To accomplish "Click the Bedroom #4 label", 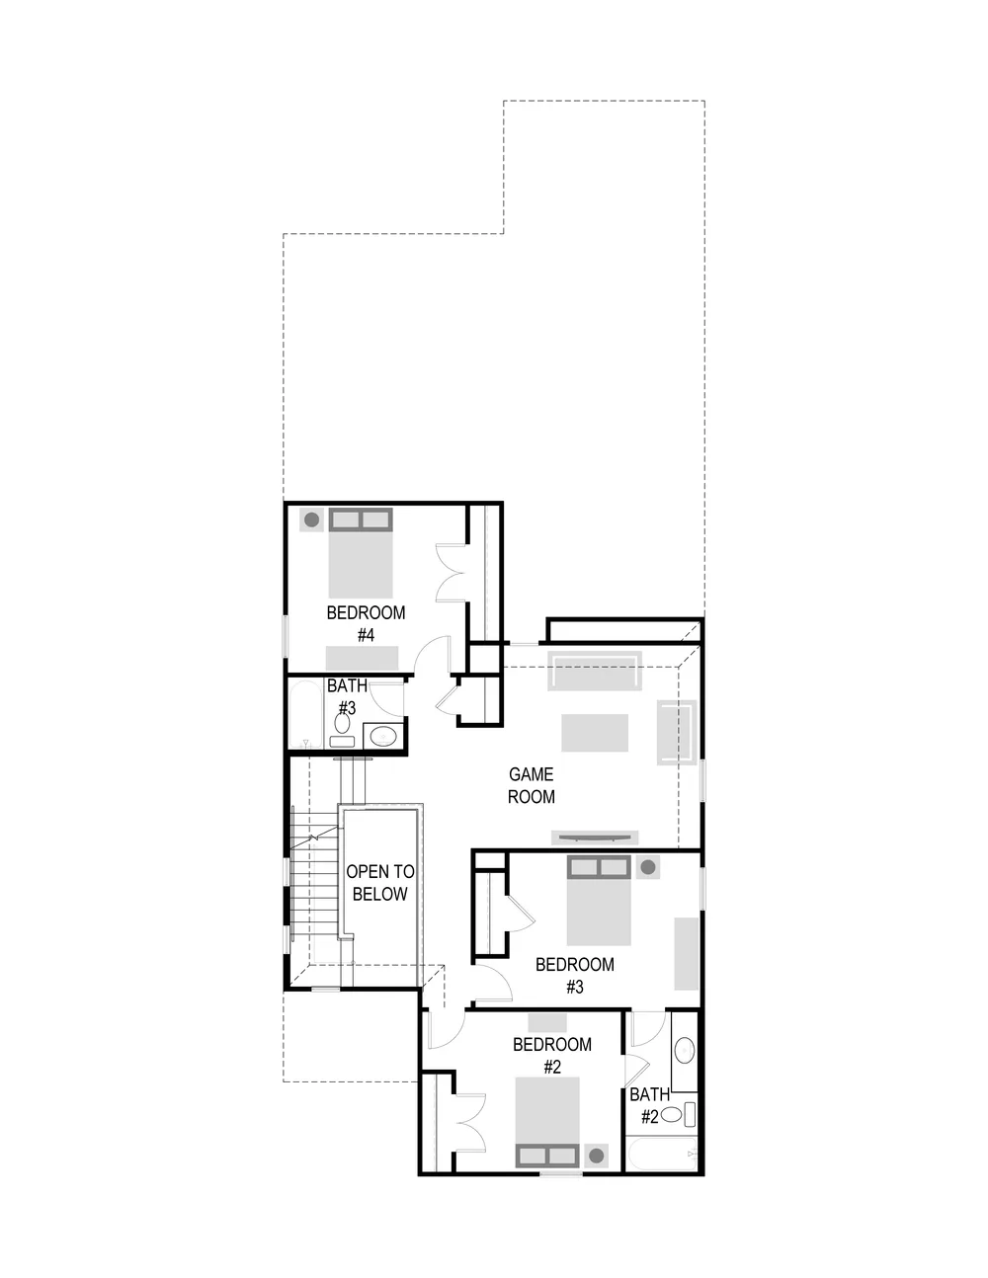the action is click(366, 624).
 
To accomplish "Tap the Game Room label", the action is click(532, 785).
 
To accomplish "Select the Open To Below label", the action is click(380, 882).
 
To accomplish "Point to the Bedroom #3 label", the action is click(575, 976).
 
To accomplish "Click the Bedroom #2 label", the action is click(551, 1056).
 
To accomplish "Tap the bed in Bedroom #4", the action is click(361, 553).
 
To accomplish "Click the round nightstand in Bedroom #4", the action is click(311, 519).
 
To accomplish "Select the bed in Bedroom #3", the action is click(599, 900).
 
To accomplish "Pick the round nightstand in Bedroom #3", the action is click(648, 867).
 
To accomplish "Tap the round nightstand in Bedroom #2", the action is click(597, 1156).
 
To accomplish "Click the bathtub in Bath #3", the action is click(305, 715).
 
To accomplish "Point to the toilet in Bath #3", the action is click(342, 730).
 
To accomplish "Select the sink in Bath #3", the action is click(383, 736).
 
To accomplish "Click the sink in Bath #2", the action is click(684, 1050).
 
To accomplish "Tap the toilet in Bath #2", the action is click(679, 1114).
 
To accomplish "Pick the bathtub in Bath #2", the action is click(663, 1154).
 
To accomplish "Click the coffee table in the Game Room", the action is click(595, 733).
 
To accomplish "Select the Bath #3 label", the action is click(347, 697).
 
